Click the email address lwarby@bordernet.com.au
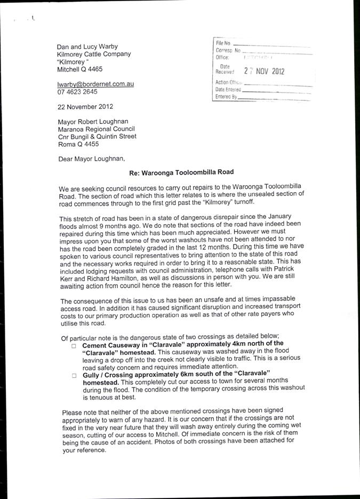pyautogui.click(x=96, y=84)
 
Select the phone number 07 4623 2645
pyautogui.click(x=77, y=92)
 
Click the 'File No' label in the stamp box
pyautogui.click(x=223, y=43)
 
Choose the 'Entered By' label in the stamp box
pyautogui.click(x=226, y=97)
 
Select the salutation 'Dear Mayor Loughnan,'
pyautogui.click(x=91, y=159)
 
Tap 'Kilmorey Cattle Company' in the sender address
pyautogui.click(x=94, y=54)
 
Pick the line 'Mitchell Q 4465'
pyautogui.click(x=80, y=69)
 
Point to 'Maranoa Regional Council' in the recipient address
pyautogui.click(x=97, y=129)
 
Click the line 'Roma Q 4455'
pyautogui.click(x=78, y=144)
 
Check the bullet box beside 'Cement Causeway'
pyautogui.click(x=74, y=346)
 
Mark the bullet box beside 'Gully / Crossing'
pyautogui.click(x=74, y=376)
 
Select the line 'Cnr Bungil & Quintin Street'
pyautogui.click(x=97, y=137)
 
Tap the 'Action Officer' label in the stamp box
pyautogui.click(x=229, y=82)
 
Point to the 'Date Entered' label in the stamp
pyautogui.click(x=228, y=90)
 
